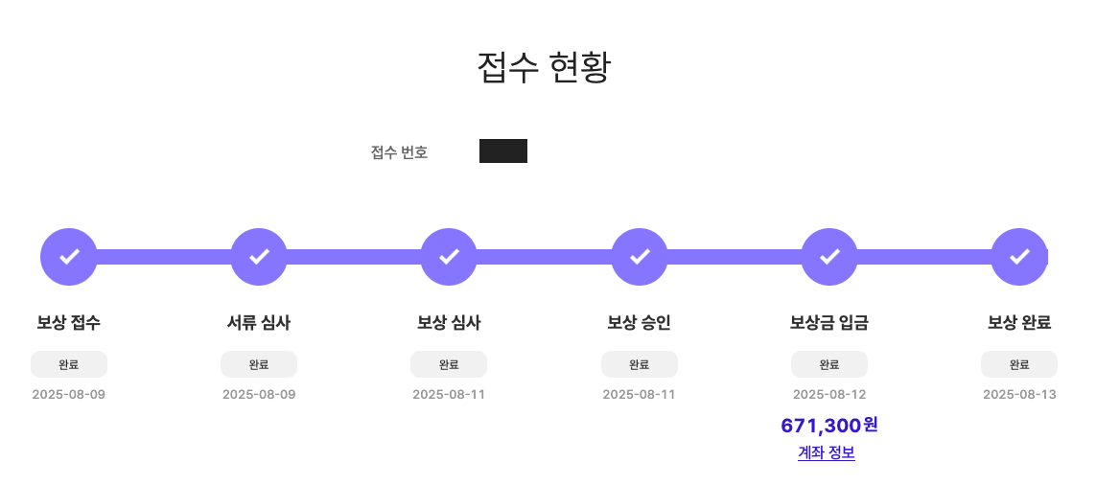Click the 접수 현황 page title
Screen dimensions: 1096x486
coord(544,67)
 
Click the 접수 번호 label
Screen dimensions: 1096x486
coord(399,152)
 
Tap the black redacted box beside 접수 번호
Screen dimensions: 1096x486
coord(503,151)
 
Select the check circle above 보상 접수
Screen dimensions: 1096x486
coord(69,257)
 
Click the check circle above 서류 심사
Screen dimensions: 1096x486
coord(259,257)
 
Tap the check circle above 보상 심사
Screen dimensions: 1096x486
coord(449,257)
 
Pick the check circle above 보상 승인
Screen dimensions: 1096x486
coord(640,257)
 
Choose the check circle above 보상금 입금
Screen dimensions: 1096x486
coord(829,257)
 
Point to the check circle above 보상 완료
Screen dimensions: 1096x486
coord(1019,257)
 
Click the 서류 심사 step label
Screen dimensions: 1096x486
coord(259,323)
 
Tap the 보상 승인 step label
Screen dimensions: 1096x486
coord(640,323)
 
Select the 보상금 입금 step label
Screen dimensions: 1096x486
coord(829,323)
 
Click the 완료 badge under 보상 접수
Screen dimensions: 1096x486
coord(69,364)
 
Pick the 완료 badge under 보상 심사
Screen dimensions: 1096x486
coord(449,364)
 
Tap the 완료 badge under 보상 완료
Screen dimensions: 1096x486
coord(1019,364)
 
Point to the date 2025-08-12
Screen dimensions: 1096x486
coord(829,395)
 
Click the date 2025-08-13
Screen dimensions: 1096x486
coord(1019,395)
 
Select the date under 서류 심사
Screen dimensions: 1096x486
coord(259,395)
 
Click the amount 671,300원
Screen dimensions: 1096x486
coord(829,426)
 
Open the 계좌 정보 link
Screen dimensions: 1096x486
coord(827,453)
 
